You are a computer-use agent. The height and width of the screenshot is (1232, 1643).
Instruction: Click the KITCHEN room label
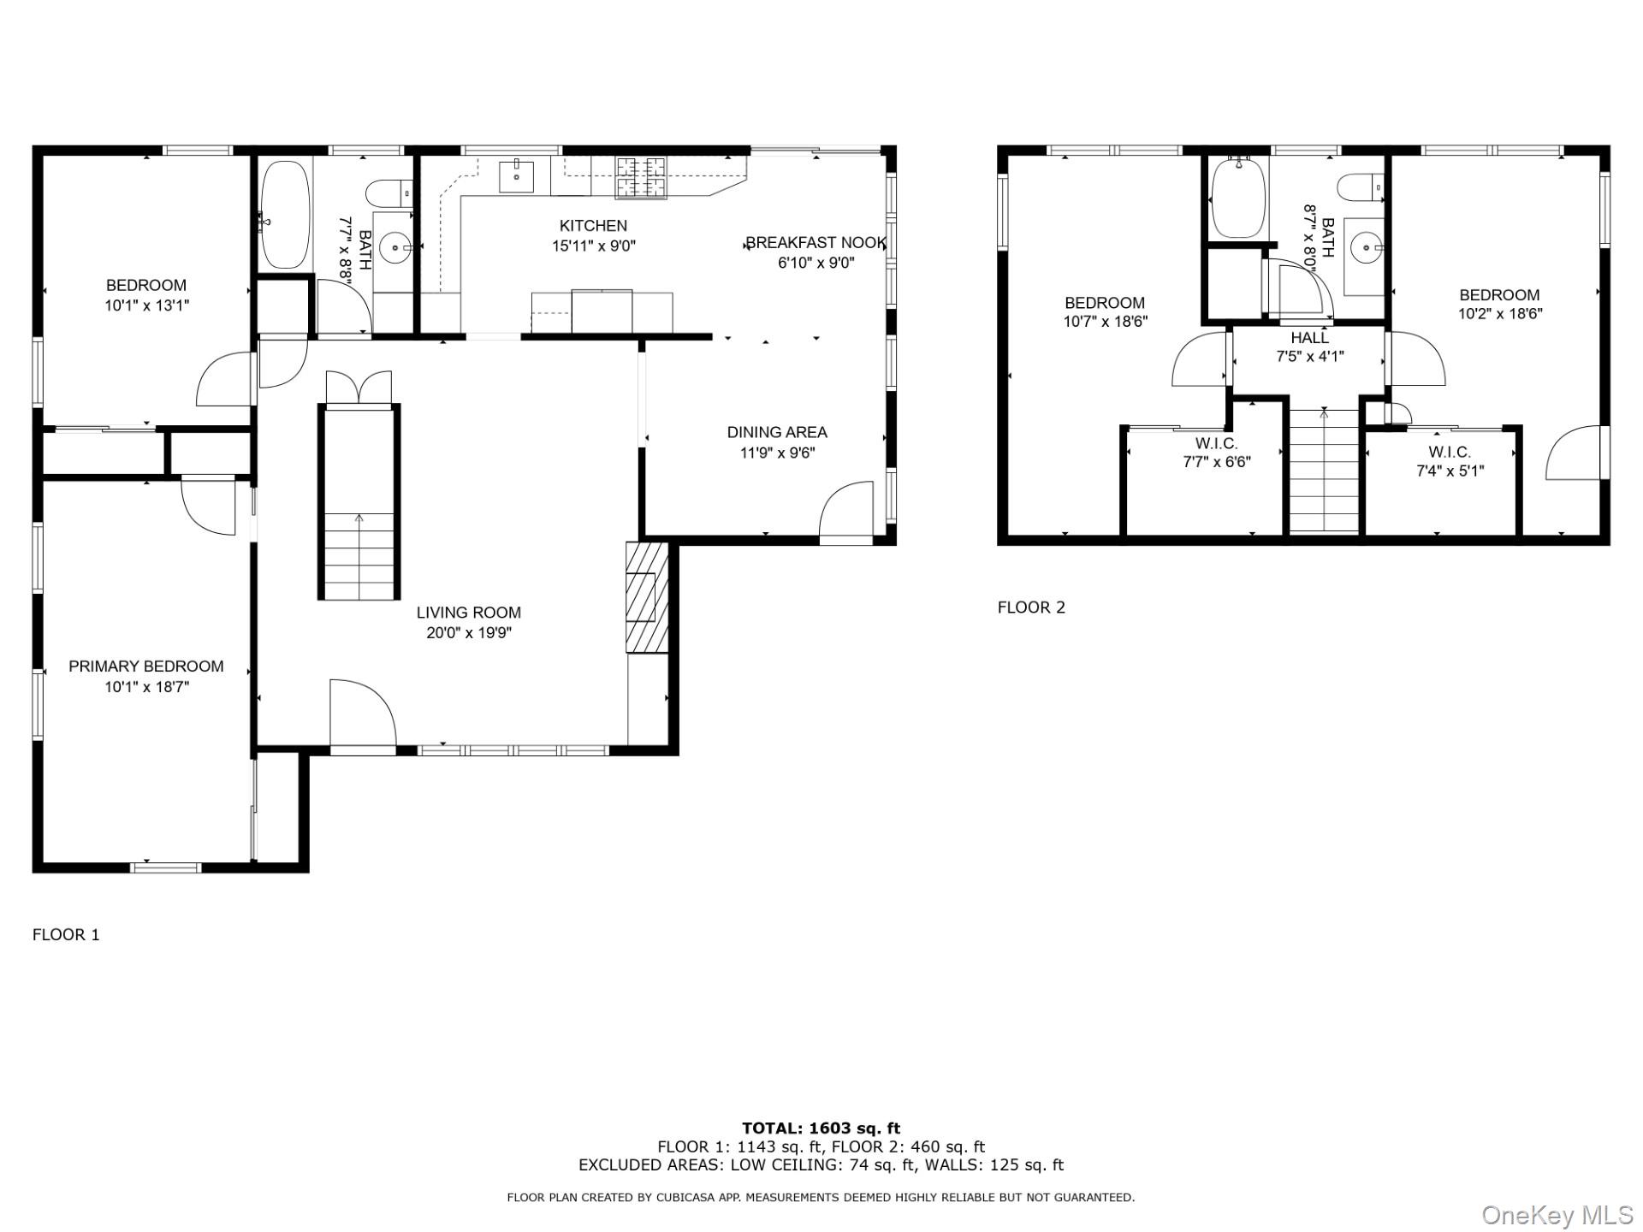[593, 226]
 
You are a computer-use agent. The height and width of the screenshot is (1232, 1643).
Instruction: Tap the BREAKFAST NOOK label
[816, 243]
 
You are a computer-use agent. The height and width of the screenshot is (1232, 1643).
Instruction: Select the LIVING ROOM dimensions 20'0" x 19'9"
[469, 633]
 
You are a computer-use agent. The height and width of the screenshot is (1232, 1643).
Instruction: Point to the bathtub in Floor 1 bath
[286, 215]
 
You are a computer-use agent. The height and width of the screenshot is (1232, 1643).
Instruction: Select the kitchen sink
[517, 177]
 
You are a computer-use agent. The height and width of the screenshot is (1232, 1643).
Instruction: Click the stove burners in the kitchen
[641, 178]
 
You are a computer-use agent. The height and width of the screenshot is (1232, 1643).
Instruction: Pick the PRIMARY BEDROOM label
[146, 666]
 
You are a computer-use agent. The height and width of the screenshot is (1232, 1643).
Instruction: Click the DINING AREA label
[777, 433]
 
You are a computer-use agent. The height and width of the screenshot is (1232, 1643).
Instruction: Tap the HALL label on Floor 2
[1310, 338]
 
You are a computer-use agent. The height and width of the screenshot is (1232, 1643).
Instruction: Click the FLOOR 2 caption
[1031, 607]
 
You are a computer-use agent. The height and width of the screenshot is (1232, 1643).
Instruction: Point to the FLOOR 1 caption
[66, 935]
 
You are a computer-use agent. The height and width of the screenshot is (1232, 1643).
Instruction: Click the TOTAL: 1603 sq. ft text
[821, 1128]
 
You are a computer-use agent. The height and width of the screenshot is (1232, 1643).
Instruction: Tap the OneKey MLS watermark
[1557, 1215]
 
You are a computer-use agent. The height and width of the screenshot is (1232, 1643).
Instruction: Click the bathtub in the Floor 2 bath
[1237, 198]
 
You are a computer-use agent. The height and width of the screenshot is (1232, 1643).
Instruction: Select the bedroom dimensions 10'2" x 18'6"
[1500, 314]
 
